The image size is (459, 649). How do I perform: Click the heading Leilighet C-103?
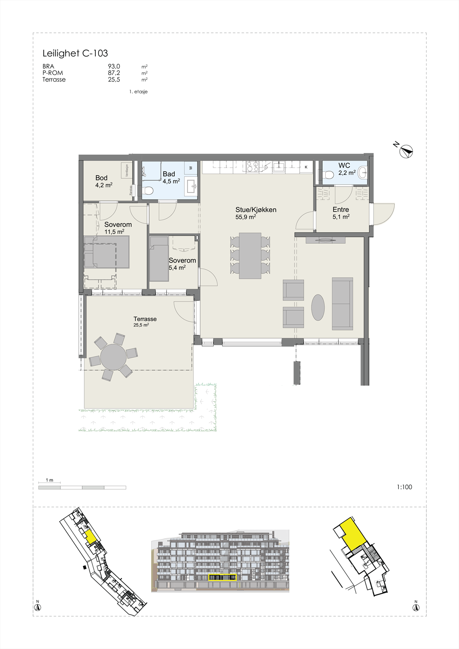(x=75, y=53)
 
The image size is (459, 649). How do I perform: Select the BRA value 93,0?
(x=114, y=67)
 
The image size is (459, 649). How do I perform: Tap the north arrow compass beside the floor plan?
(x=406, y=151)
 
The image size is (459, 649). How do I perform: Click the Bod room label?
(x=101, y=178)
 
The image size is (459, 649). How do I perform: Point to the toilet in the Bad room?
(x=148, y=191)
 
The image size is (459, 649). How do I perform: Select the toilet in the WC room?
(x=329, y=174)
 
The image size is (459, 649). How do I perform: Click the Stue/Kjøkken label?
(x=256, y=210)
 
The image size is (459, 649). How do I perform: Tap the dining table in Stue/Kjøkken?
(x=250, y=256)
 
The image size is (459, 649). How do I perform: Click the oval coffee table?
(x=318, y=307)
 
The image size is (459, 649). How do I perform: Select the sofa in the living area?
(x=342, y=303)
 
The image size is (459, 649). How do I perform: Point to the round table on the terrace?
(x=113, y=357)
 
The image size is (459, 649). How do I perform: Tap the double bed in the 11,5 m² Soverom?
(x=107, y=252)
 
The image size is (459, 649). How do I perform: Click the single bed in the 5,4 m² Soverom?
(x=159, y=260)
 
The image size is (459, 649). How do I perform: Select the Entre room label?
(x=341, y=210)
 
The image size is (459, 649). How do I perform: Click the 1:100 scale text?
(x=404, y=487)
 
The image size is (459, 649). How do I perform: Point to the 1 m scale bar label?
(x=49, y=480)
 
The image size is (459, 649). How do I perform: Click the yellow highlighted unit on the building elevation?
(x=222, y=577)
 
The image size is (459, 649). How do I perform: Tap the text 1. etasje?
(x=138, y=92)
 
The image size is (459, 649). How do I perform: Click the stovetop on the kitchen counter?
(x=253, y=166)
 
